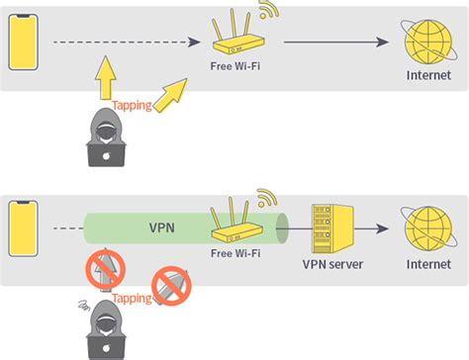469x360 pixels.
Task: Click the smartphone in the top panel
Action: click(23, 42)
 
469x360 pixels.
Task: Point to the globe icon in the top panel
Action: click(427, 43)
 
